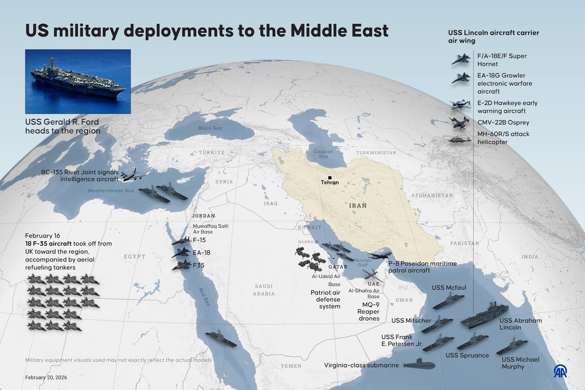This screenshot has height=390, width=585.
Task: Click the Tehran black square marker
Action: click(330, 177)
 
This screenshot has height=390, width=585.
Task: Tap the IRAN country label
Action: click(358, 206)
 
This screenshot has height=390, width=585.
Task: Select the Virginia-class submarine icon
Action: click(419, 365)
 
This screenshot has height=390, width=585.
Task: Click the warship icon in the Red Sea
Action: click(221, 339)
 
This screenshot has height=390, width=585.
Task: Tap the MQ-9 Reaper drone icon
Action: click(372, 275)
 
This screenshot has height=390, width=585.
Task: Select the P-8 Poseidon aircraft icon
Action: click(379, 256)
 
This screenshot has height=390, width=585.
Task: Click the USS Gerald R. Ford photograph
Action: click(78, 81)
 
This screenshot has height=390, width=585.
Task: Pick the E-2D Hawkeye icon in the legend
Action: click(460, 105)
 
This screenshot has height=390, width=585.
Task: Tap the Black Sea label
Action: click(210, 128)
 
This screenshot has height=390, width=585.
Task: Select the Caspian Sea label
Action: click(323, 154)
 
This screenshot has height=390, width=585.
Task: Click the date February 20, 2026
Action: click(46, 377)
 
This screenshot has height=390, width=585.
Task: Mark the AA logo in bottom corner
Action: click(560, 371)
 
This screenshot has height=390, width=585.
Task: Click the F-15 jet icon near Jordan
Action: click(182, 240)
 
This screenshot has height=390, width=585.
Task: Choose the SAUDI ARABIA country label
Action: click(264, 290)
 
